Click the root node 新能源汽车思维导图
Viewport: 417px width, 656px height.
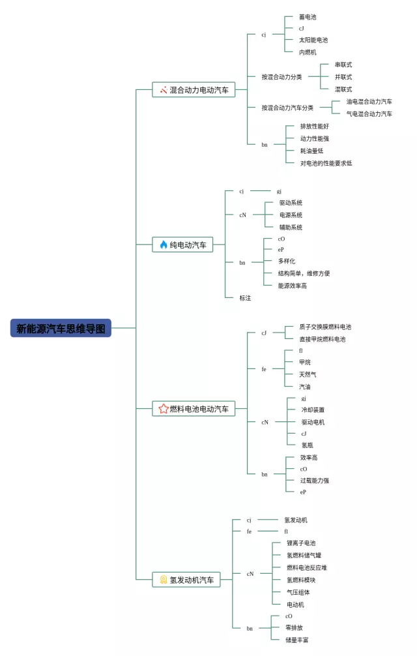(61, 328)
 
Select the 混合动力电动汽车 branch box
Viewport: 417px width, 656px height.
(194, 90)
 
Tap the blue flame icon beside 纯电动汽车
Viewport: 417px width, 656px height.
(164, 245)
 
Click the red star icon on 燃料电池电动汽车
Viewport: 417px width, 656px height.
(164, 409)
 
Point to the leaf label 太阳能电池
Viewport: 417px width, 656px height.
(313, 40)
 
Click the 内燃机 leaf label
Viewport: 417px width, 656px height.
(308, 52)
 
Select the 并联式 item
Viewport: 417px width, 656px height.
(343, 77)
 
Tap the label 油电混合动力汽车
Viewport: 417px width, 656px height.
(369, 102)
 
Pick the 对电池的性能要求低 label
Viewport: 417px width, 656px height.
(326, 163)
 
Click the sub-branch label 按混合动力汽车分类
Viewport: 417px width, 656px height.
(287, 108)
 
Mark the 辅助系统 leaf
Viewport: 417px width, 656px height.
(291, 228)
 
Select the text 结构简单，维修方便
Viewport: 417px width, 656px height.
(304, 273)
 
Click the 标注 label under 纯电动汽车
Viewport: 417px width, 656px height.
(245, 298)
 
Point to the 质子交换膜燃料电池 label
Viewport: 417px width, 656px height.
(325, 327)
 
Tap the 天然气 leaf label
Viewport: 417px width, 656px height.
(308, 374)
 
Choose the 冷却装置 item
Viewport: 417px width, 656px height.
(313, 410)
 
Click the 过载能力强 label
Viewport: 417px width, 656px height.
(315, 481)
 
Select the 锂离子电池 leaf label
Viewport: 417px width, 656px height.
(301, 543)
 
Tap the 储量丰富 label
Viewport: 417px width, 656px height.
(297, 640)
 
